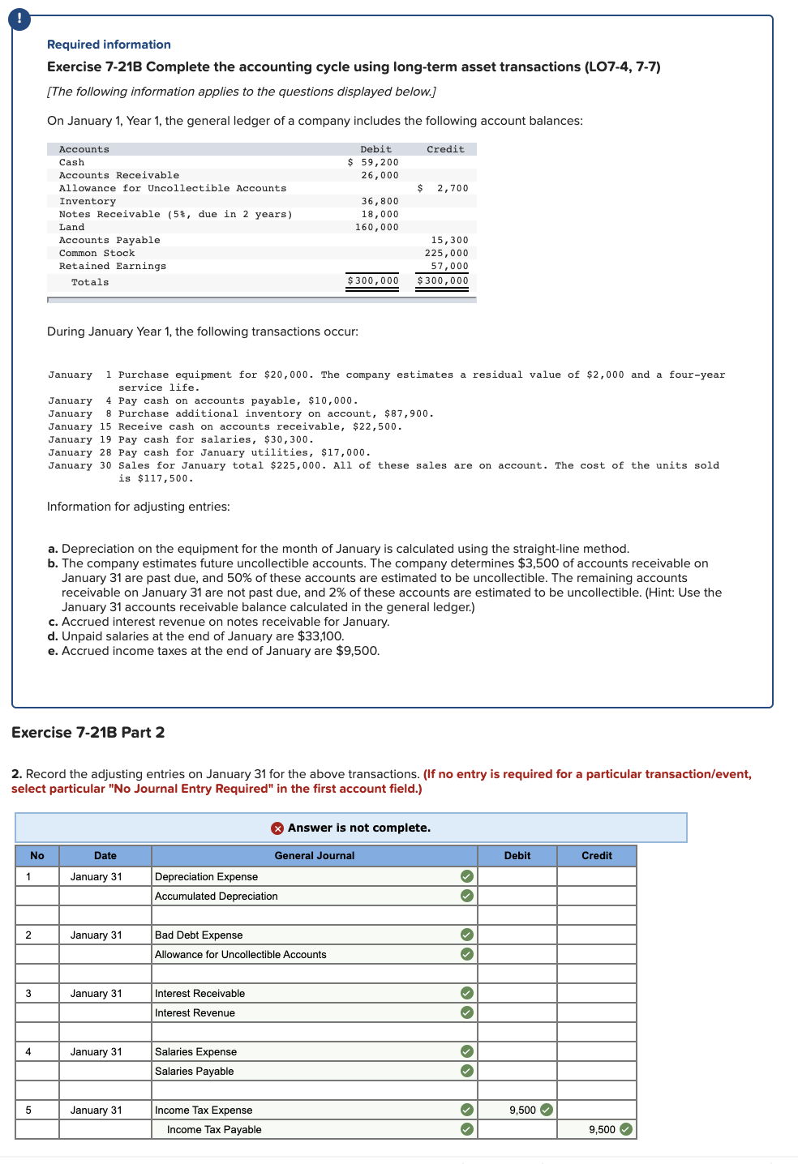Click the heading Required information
[x=109, y=45]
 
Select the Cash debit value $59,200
[x=373, y=162]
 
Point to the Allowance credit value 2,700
[x=452, y=188]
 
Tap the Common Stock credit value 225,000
[x=446, y=253]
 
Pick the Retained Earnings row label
[x=112, y=266]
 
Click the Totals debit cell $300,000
[x=373, y=280]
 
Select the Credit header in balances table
[x=445, y=149]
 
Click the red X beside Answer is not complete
[x=277, y=828]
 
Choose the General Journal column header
[x=314, y=855]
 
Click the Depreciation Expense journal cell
[x=206, y=876]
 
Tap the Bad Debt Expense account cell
[x=199, y=935]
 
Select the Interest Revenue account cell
[x=195, y=1012]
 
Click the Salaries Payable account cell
[x=194, y=1071]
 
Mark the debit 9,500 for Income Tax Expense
[x=522, y=1110]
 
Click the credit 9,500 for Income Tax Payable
[x=602, y=1129]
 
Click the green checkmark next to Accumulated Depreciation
[x=466, y=896]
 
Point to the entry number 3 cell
[x=28, y=993]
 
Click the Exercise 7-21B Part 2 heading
[x=88, y=732]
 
